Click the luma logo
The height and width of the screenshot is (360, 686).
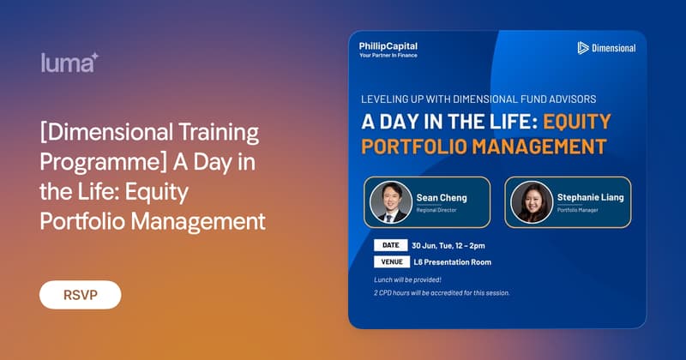pos(69,63)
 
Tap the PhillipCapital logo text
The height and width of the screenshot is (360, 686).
pos(388,46)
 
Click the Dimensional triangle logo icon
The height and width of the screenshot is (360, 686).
pos(583,48)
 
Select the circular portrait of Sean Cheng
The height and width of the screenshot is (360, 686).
pos(391,202)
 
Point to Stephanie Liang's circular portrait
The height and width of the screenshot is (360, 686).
pos(532,202)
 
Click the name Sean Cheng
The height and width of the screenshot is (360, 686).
pos(442,198)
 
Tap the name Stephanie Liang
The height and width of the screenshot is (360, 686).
pos(590,197)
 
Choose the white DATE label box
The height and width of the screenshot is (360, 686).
pos(391,245)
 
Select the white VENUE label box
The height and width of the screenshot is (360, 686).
pos(392,261)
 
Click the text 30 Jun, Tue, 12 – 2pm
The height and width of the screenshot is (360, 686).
pos(448,245)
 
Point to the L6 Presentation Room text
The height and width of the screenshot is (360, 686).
pos(453,262)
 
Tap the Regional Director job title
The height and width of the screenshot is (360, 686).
pos(436,210)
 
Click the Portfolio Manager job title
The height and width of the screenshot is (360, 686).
pos(577,210)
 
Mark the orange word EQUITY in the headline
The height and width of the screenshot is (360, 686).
pos(577,122)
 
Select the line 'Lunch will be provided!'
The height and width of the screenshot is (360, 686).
pos(407,279)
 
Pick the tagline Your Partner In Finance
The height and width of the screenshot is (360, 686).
pos(388,55)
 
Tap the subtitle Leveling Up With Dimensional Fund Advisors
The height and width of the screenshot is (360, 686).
pos(478,99)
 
